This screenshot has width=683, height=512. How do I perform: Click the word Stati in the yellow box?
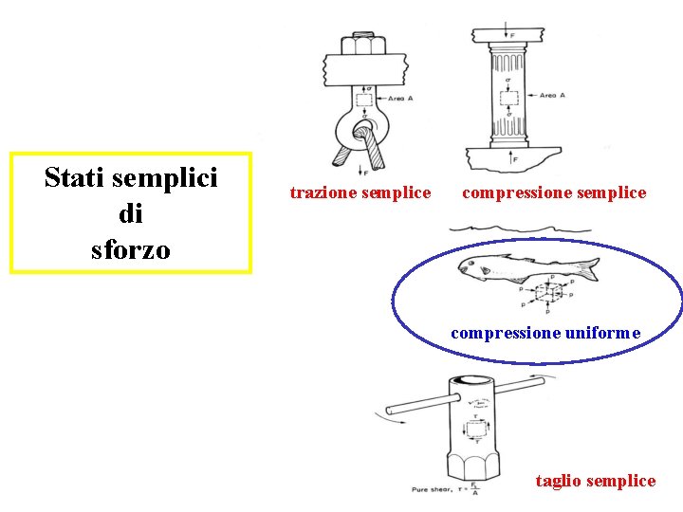[x=77, y=177]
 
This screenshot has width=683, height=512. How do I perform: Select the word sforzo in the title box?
[x=131, y=250]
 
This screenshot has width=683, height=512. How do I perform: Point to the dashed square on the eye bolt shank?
[x=363, y=99]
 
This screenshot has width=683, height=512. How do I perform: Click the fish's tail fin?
[x=587, y=268]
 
